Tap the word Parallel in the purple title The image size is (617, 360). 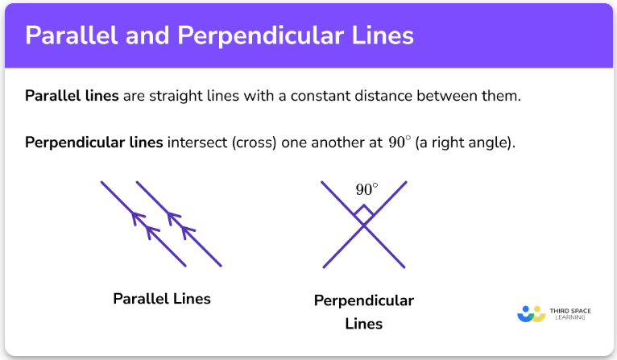(72, 35)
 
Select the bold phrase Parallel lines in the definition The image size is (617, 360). (72, 96)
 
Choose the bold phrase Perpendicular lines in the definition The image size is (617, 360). (94, 143)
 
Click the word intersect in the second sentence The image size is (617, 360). (197, 143)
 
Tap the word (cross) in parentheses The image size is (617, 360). (254, 143)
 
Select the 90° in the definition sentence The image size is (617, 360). (400, 142)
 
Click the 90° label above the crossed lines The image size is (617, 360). (366, 189)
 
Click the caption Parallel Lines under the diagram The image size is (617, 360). (162, 299)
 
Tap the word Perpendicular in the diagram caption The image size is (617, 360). (364, 300)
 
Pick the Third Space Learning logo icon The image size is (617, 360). (532, 314)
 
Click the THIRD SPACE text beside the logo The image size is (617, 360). (570, 311)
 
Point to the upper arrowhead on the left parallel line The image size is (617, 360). (138, 218)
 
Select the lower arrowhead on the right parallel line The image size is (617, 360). (188, 232)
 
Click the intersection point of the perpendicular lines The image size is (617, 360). (363, 225)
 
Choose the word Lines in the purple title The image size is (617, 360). (383, 35)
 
